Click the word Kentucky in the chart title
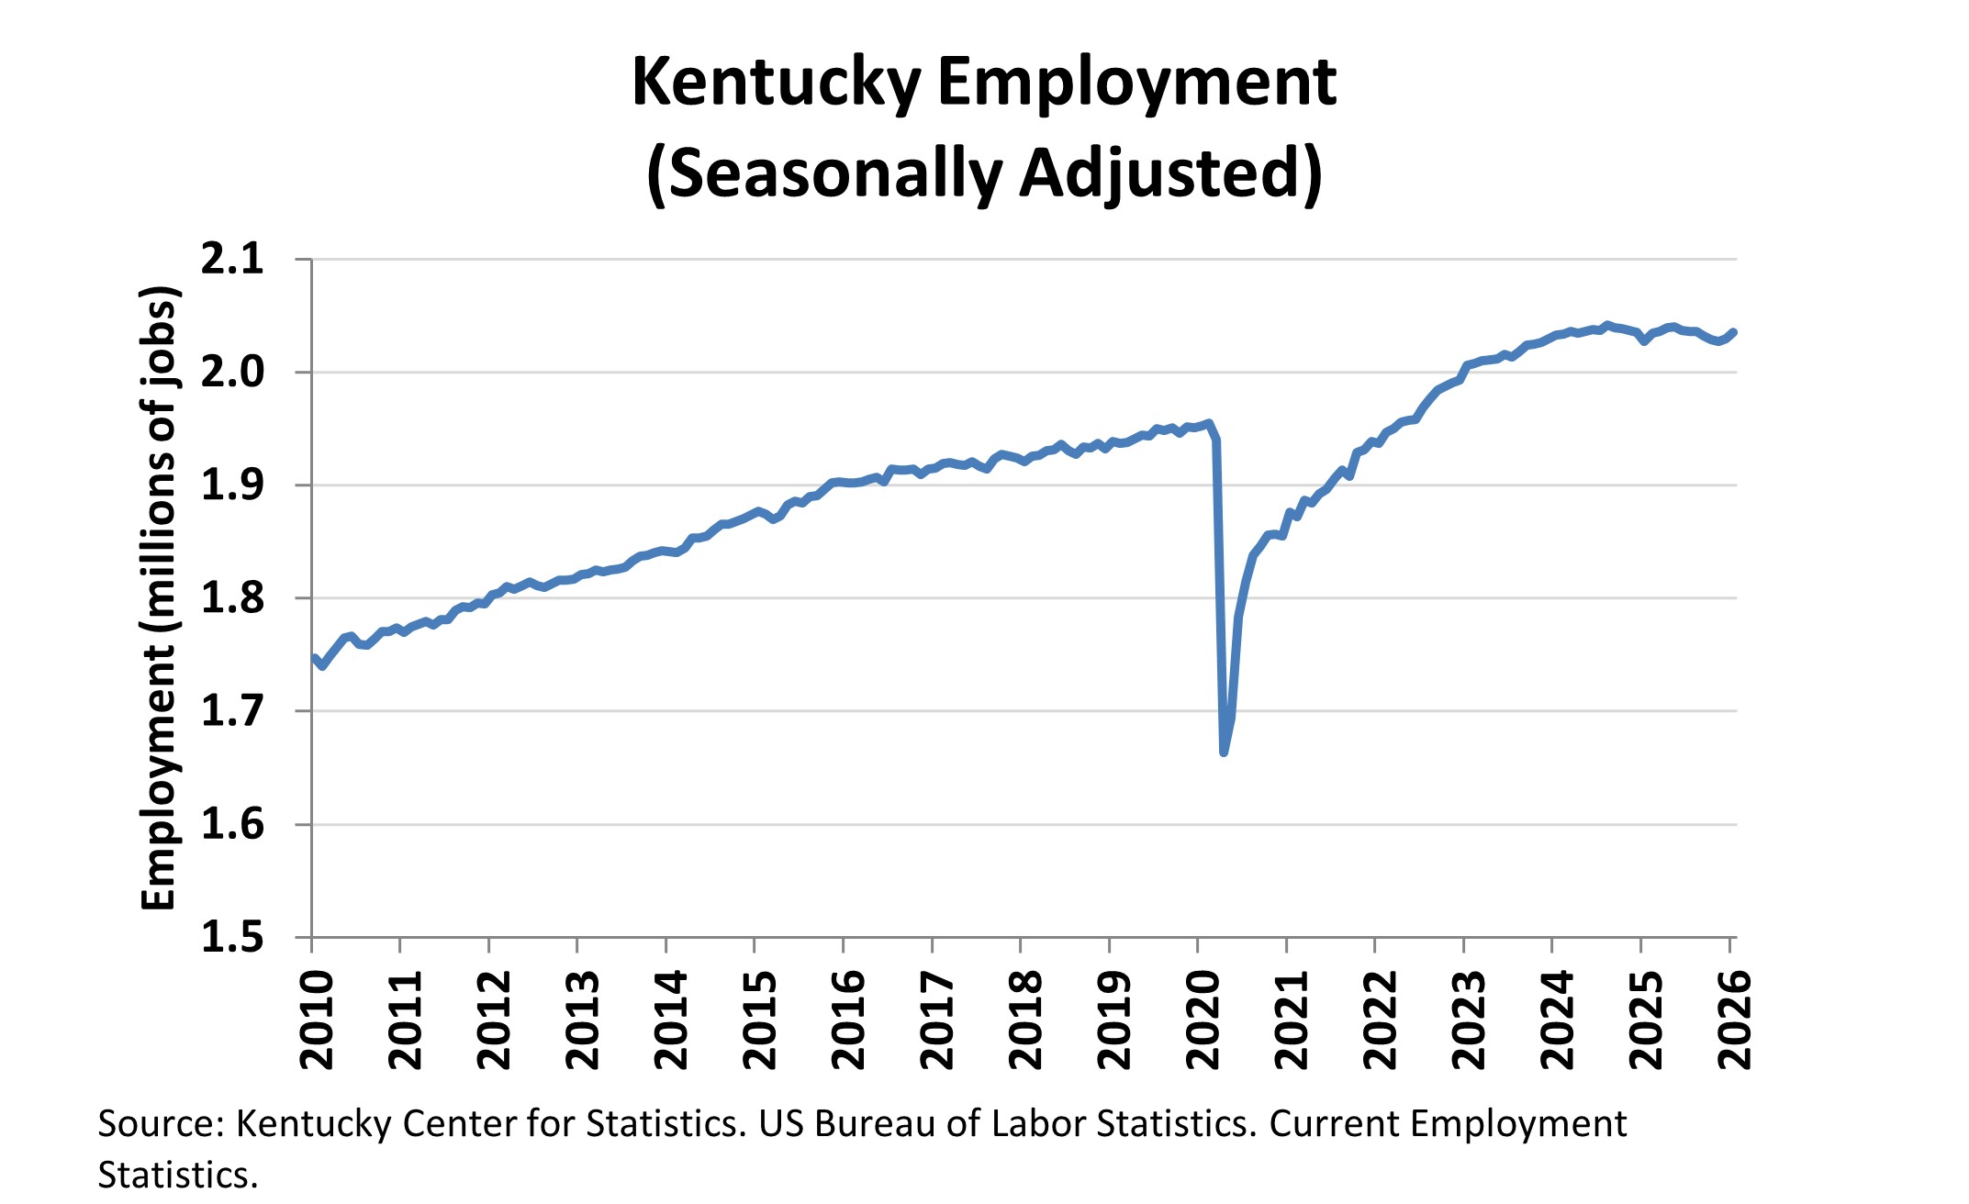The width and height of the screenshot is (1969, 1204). [x=776, y=84]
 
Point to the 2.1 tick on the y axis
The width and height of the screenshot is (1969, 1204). [x=232, y=260]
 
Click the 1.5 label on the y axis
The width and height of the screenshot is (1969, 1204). [x=232, y=937]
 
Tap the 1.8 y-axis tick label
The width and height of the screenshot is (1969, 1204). [x=232, y=598]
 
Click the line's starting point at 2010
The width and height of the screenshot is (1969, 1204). [x=314, y=658]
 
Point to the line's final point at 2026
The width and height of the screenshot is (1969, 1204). [x=1732, y=332]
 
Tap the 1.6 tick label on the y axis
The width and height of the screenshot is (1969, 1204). [x=232, y=824]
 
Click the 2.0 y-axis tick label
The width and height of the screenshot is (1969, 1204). [x=232, y=373]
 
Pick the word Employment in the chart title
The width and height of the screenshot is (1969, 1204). [x=1136, y=84]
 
